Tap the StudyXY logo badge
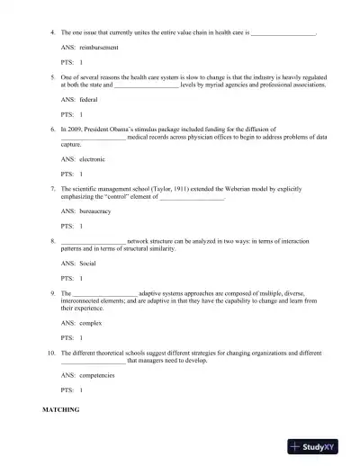(319, 446)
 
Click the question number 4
(53, 31)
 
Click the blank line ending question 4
(283, 31)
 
